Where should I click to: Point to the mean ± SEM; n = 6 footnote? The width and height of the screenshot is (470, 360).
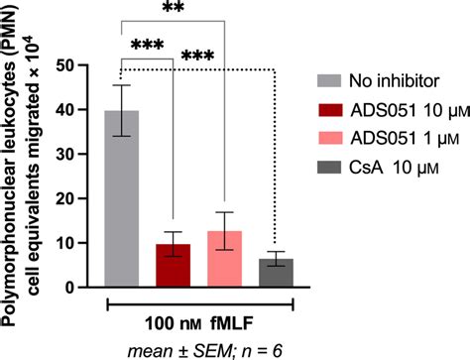pos(200,349)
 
